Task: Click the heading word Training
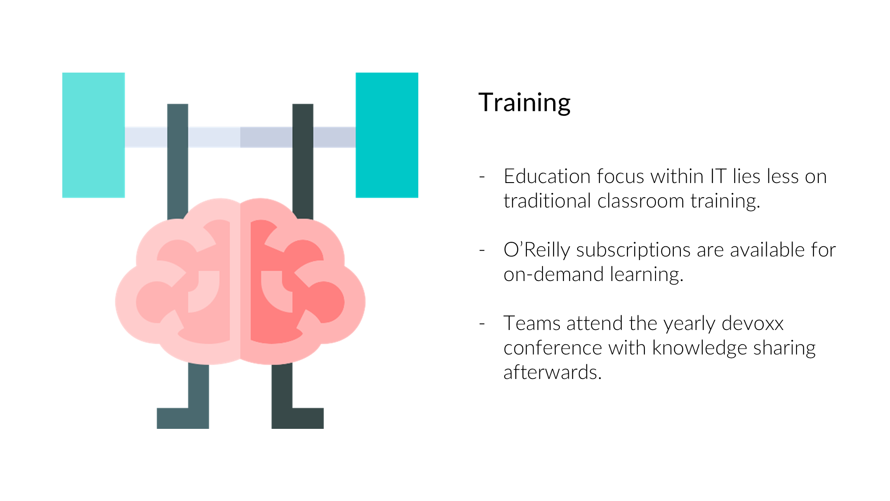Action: (x=524, y=103)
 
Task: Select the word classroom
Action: (x=640, y=201)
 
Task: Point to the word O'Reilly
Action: (x=536, y=250)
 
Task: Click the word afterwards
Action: (x=552, y=373)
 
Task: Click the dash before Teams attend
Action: (x=482, y=324)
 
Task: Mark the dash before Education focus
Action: (x=482, y=177)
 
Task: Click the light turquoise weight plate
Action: (x=93, y=135)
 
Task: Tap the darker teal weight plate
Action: (x=387, y=135)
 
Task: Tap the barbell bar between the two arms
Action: (x=240, y=137)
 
